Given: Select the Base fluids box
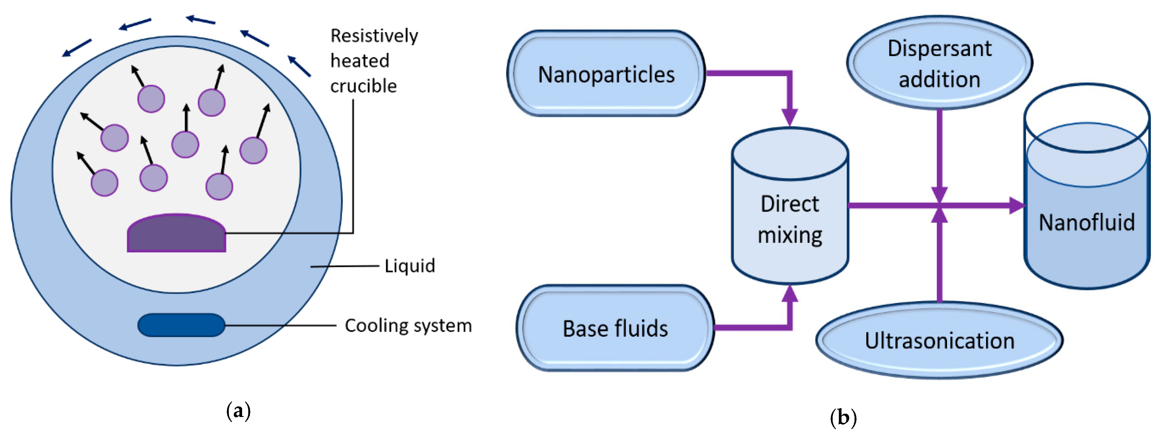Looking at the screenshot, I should click(x=615, y=328).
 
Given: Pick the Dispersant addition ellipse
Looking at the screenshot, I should click(x=939, y=63).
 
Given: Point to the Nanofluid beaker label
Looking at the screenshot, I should click(x=1086, y=222).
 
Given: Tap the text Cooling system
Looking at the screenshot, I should click(x=408, y=326).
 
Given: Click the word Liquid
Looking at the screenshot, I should click(x=409, y=266).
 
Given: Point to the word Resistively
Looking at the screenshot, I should click(x=374, y=36).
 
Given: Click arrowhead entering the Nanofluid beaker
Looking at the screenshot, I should click(x=1017, y=205).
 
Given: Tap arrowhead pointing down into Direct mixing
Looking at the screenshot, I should click(x=789, y=117).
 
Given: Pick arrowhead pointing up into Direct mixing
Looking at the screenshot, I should click(x=789, y=294).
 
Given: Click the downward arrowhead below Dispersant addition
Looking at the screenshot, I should click(x=939, y=194).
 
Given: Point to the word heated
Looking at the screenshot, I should click(x=360, y=61).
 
